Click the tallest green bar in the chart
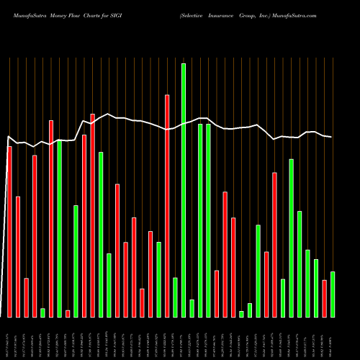[184, 190]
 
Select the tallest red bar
[167, 205]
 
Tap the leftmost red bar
[9, 231]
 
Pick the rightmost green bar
[333, 294]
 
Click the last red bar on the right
[324, 298]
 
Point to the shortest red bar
[68, 313]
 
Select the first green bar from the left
[42, 312]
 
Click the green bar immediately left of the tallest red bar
[158, 279]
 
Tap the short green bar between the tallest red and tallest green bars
[175, 297]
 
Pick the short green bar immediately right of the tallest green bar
[192, 308]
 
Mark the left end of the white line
[7, 137]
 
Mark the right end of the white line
[332, 137]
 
